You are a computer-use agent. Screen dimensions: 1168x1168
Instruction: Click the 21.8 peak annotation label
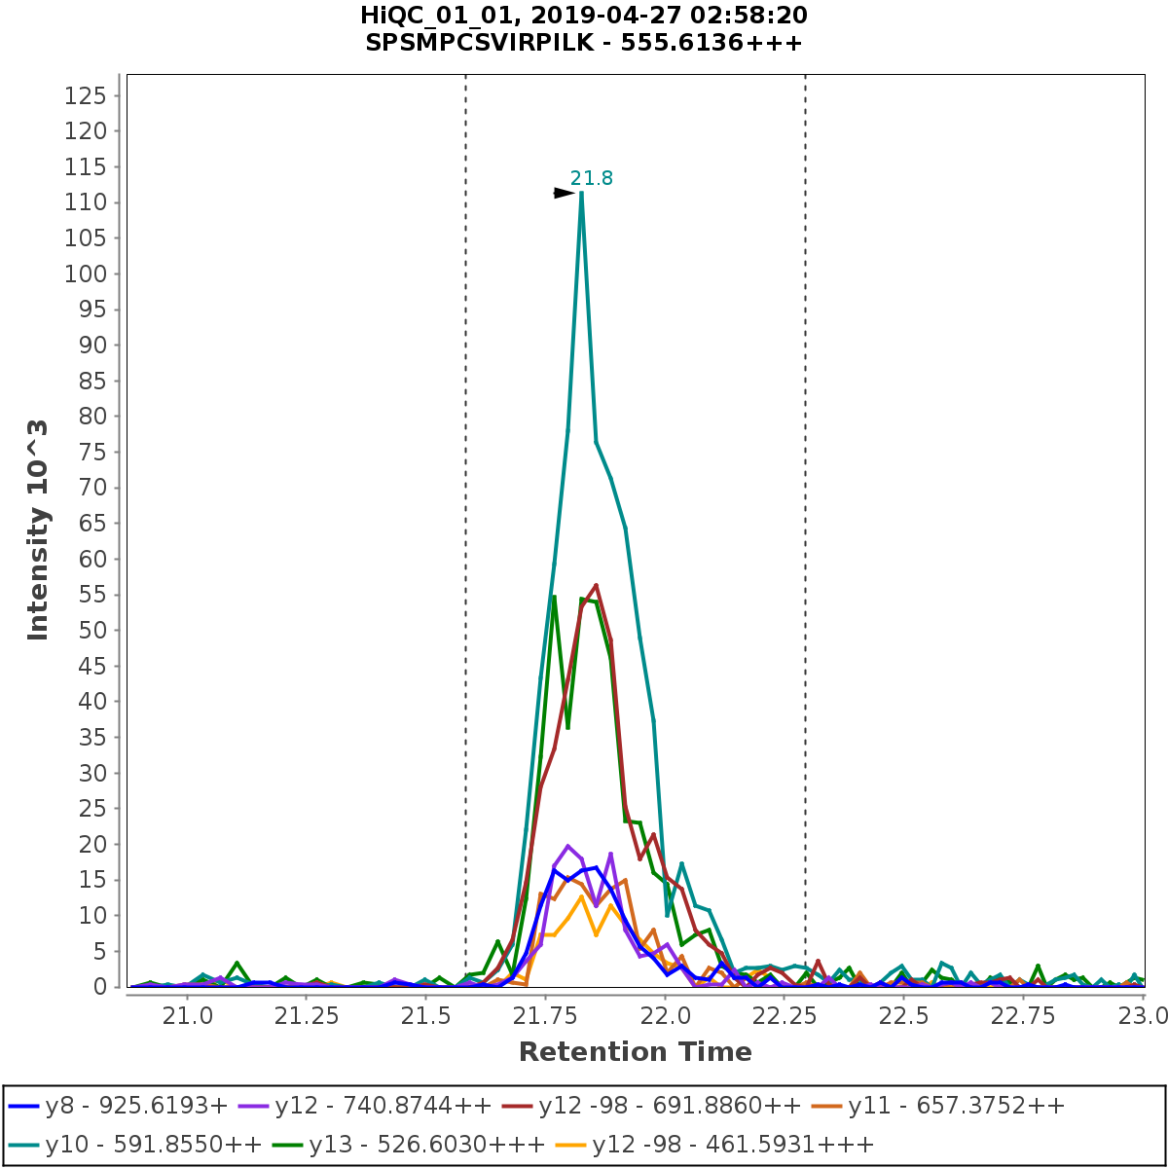(x=592, y=178)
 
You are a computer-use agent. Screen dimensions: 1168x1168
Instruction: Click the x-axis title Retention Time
(x=635, y=1052)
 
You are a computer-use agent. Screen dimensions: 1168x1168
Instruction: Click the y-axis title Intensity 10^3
(x=38, y=529)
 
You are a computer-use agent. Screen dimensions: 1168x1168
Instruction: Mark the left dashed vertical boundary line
(x=465, y=487)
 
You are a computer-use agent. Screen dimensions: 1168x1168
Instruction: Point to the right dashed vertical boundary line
(x=805, y=487)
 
